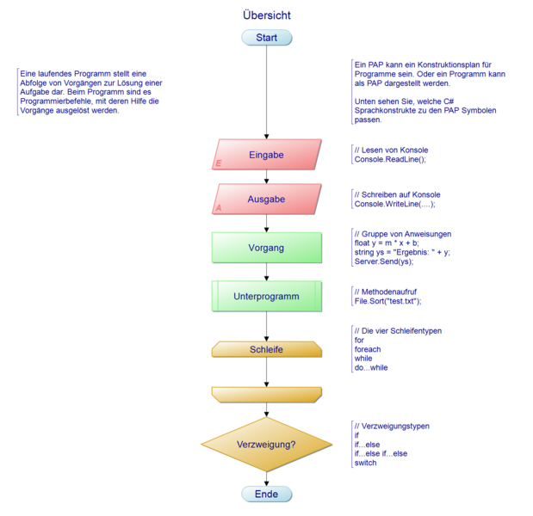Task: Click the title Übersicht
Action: (267, 15)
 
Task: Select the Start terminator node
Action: (267, 38)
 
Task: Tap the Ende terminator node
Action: (267, 494)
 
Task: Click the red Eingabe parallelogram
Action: (267, 155)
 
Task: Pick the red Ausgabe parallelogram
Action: (267, 200)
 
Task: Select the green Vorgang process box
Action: (267, 248)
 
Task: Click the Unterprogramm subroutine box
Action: (267, 297)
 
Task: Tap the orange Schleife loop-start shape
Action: (267, 349)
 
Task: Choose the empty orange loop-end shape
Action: (267, 394)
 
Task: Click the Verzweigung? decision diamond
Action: (267, 444)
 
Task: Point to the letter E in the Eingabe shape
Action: (219, 163)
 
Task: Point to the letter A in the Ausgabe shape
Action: (219, 208)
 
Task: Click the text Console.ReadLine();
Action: (390, 160)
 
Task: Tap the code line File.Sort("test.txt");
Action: (387, 302)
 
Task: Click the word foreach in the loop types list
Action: (368, 349)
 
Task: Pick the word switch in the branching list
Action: (365, 463)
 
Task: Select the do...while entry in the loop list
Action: (371, 368)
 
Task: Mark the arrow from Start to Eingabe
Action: (267, 95)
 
